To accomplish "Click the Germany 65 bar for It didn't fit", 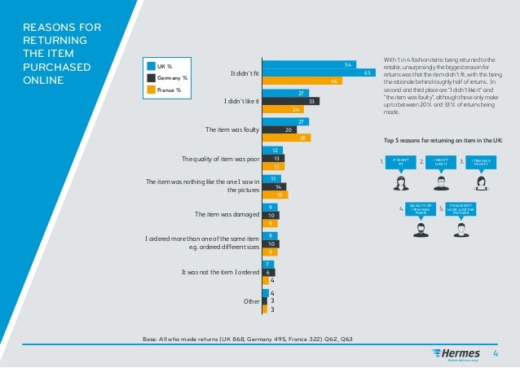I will (x=319, y=72).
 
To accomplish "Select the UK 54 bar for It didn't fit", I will (x=309, y=64).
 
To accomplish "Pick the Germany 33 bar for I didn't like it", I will (x=291, y=101).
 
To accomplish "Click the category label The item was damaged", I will (x=225, y=215).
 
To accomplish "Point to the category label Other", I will (x=250, y=301).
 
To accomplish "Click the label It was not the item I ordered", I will (x=214, y=272).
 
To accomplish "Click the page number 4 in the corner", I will (x=496, y=353).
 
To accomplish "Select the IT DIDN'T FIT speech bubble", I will (x=399, y=162).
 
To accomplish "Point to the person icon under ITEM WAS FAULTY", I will (x=481, y=182).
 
